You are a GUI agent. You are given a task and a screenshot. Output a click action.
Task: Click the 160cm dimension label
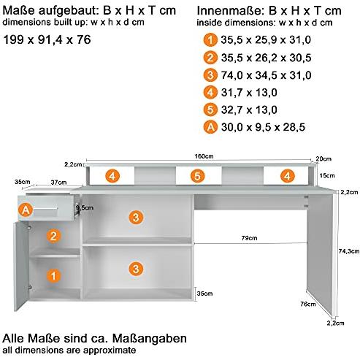pos(204,156)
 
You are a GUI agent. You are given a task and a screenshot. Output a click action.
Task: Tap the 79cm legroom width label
pos(249,238)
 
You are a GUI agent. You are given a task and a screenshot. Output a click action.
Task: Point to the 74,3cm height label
pos(349,251)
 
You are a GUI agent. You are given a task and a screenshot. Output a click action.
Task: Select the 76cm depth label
pos(308,304)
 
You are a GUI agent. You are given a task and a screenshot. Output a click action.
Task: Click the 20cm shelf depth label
pos(323,158)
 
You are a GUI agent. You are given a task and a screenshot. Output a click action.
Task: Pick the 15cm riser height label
pos(327,175)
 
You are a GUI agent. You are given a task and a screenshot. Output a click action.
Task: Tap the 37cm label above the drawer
pos(58,183)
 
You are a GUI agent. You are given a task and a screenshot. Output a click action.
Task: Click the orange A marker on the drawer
pos(26,210)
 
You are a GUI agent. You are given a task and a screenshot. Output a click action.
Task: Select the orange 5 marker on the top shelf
pos(197,176)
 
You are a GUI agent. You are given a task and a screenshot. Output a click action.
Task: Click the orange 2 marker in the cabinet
pos(53,236)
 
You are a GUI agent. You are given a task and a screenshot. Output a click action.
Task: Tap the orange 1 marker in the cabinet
pos(53,276)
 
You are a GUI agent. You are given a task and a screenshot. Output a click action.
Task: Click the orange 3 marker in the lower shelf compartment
pos(136,269)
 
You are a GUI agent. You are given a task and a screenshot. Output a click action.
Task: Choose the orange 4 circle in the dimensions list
pos(210,93)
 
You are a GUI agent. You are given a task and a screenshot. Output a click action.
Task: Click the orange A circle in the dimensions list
pos(210,127)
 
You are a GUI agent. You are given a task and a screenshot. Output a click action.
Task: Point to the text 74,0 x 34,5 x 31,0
pos(266,75)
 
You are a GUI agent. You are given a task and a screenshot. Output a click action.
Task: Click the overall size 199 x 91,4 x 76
pos(47,39)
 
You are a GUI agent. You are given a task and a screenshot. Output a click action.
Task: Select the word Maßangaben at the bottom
pos(150,338)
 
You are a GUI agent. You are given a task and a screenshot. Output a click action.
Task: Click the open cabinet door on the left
pos(21,266)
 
